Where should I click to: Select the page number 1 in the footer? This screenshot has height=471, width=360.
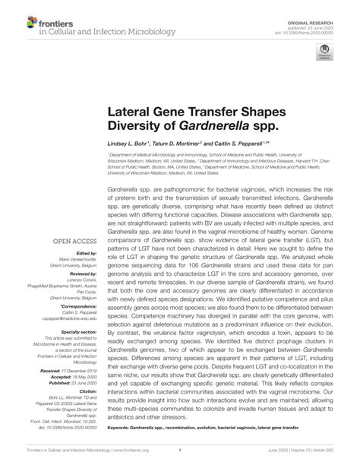(179, 458)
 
